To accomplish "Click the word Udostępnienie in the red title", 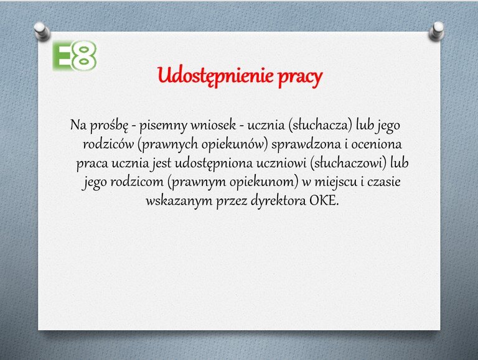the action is click(215, 76).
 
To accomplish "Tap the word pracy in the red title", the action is click(300, 78).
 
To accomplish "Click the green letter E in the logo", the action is click(62, 56).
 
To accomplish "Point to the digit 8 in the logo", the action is click(84, 56).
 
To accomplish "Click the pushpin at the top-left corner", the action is click(42, 31).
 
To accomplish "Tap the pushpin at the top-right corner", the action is click(436, 31).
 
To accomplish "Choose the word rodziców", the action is click(108, 144).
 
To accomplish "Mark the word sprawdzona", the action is click(306, 145).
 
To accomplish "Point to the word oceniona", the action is click(377, 144).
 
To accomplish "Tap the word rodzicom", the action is click(137, 182).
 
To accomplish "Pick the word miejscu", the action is click(335, 182).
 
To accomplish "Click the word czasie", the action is click(384, 182).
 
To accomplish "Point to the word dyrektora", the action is click(278, 201).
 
